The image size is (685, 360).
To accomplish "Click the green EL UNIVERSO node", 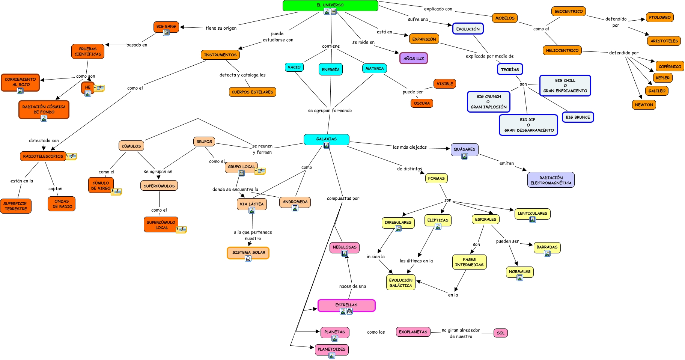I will point(330,5).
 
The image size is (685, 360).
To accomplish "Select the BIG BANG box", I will point(166,26).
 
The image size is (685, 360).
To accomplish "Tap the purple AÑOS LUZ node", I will point(413,58).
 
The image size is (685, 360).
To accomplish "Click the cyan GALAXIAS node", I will point(326,139).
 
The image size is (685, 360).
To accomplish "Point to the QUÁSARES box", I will point(464,149).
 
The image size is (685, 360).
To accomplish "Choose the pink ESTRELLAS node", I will point(346,305).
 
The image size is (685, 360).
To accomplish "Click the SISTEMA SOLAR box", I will point(248,252).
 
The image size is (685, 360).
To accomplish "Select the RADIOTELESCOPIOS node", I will point(43,156).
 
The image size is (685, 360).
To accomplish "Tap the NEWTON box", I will point(644,105).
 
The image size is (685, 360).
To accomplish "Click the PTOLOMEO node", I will point(659,17).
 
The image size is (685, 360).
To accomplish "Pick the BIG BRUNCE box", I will point(578,117).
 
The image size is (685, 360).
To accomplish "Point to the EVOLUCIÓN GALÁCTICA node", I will point(400,283).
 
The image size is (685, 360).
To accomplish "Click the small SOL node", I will point(501,333).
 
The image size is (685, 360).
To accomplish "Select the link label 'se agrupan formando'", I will point(330,111).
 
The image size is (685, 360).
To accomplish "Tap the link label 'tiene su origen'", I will point(221,28).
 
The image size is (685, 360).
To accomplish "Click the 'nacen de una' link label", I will point(352,286).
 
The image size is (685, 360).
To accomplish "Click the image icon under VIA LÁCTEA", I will point(252,211).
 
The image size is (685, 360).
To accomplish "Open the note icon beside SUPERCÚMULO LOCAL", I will point(181,229).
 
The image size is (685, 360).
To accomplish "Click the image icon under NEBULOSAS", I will point(344,254).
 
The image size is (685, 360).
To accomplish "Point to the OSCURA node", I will point(422,103).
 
